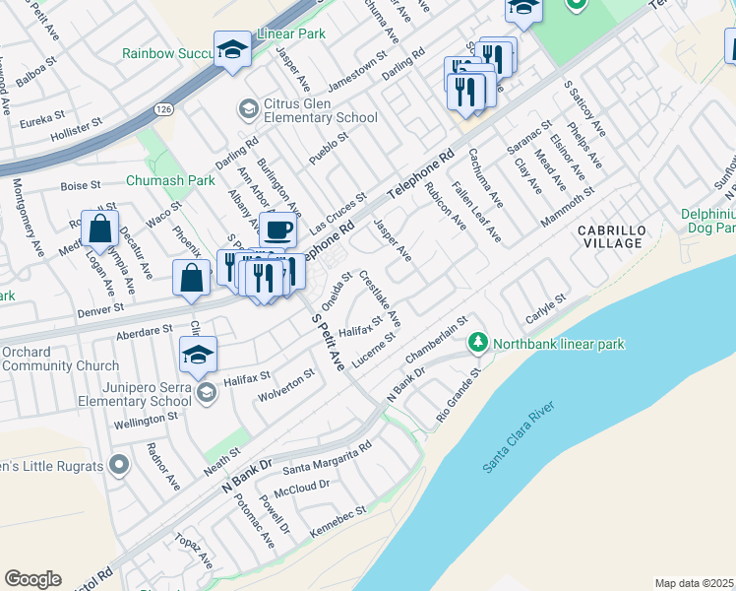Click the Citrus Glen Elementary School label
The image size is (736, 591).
[x=307, y=118]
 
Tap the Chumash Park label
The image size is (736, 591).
[x=170, y=181]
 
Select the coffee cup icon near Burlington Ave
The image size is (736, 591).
[x=279, y=230]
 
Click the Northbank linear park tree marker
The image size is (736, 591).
[x=477, y=343]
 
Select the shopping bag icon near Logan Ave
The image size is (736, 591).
[x=100, y=229]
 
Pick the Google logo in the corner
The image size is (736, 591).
[x=32, y=579]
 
